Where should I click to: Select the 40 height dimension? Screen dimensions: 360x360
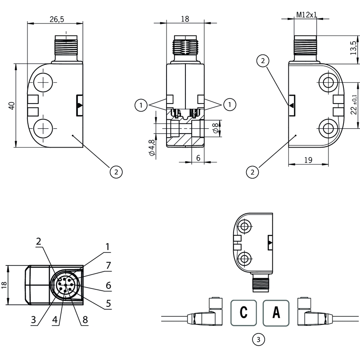pos(12,105)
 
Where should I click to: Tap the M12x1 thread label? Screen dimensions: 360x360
pos(306,14)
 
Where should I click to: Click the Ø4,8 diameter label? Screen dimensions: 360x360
pos(152,148)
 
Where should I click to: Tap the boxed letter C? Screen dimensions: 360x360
pos(243,312)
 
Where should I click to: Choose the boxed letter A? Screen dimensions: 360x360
pos(276,312)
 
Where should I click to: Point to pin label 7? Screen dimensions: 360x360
pos(108,265)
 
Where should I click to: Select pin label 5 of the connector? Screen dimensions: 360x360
pos(108,304)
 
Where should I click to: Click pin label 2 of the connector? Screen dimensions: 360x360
pos(39,241)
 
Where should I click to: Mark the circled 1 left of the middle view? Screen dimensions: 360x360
pos(141,105)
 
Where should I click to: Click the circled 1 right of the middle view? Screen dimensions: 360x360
pos(229,105)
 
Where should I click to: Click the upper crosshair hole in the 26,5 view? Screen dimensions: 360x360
pos(44,83)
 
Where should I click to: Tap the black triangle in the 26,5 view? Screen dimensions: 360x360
pos(80,105)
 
